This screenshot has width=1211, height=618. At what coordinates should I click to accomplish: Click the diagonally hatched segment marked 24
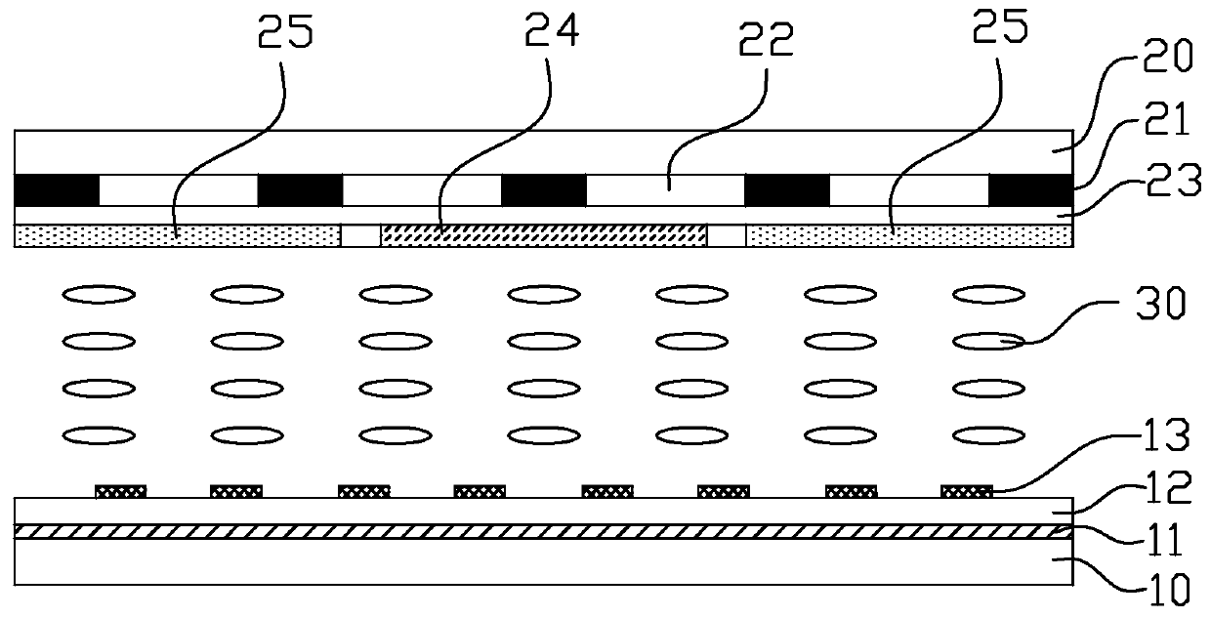click(x=543, y=234)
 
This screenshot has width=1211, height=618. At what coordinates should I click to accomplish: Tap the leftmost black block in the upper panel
click(x=57, y=189)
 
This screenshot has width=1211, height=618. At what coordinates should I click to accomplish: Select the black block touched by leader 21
click(x=1030, y=189)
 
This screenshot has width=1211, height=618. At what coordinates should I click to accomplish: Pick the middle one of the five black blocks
click(x=543, y=189)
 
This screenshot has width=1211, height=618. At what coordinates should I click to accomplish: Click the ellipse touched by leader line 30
click(x=988, y=341)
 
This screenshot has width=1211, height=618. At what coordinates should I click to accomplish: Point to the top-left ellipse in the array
click(x=99, y=293)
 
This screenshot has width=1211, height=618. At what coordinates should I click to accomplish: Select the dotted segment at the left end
click(x=178, y=234)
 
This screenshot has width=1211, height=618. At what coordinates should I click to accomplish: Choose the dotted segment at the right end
click(x=908, y=234)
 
